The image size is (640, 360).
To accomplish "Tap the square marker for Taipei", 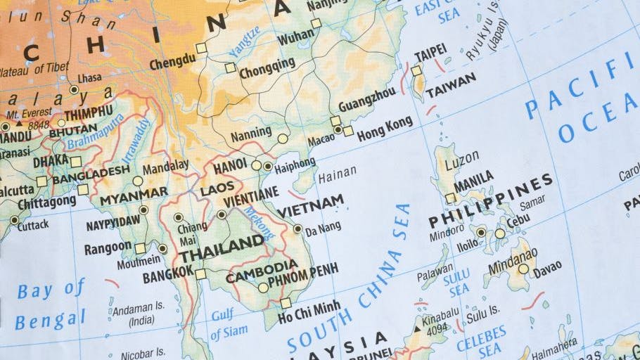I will (416, 71).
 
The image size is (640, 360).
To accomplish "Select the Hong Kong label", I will (384, 129).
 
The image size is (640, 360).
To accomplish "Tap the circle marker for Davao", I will (523, 269).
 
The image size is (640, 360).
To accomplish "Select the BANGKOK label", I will (167, 275).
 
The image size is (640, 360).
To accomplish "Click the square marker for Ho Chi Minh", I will (286, 303).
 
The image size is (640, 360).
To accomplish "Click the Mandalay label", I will (165, 167).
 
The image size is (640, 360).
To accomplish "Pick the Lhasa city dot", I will (74, 90).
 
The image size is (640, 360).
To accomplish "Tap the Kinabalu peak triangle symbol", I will (417, 328).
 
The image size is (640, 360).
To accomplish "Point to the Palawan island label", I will (435, 276).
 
